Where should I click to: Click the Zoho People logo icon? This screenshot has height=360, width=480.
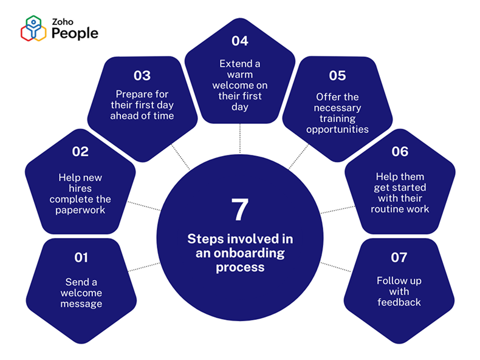pos(33,29)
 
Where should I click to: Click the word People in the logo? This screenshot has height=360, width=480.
pos(74,34)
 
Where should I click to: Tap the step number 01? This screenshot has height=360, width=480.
pos(81,257)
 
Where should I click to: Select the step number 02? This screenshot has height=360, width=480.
pos(80,152)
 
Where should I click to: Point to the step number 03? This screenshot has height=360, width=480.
pos(142,76)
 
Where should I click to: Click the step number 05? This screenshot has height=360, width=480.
pos(337,76)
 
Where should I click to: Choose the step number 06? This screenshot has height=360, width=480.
pos(400,152)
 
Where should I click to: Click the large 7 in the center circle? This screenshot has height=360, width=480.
pos(240,209)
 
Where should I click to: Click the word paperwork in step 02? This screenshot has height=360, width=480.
pos(81,211)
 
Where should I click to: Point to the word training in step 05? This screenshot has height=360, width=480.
pos(337,119)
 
